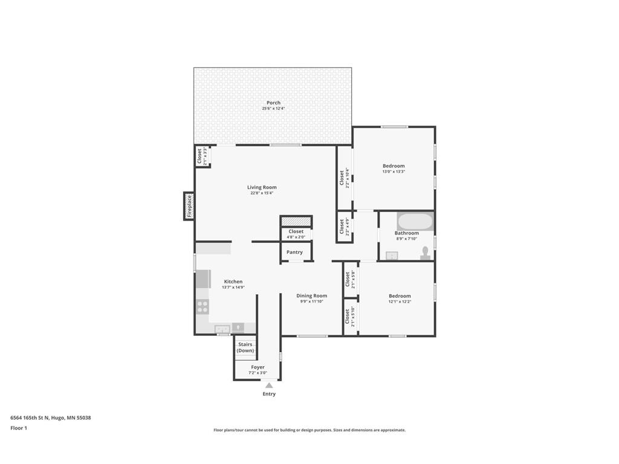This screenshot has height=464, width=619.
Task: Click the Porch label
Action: (273, 103)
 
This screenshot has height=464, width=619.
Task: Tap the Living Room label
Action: (262, 187)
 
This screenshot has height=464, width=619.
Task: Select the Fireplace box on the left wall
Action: (189, 206)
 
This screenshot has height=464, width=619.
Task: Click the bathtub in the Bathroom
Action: (415, 221)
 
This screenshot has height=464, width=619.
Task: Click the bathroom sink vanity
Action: (392, 256)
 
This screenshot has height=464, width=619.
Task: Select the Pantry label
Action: (295, 253)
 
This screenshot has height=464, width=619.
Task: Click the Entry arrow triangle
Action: (269, 385)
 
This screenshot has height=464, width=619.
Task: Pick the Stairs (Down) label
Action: (245, 347)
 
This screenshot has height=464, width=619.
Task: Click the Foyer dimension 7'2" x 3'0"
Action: (258, 373)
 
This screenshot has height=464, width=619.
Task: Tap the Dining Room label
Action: (311, 296)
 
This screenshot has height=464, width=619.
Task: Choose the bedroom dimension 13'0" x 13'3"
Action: (394, 172)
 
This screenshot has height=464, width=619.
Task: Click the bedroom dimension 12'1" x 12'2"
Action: (400, 301)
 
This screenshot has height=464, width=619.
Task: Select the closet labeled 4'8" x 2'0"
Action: (296, 234)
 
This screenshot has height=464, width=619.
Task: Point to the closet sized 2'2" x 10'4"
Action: (344, 178)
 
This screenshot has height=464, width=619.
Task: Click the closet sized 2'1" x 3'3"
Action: (202, 156)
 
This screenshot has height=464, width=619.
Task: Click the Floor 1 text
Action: (19, 428)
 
